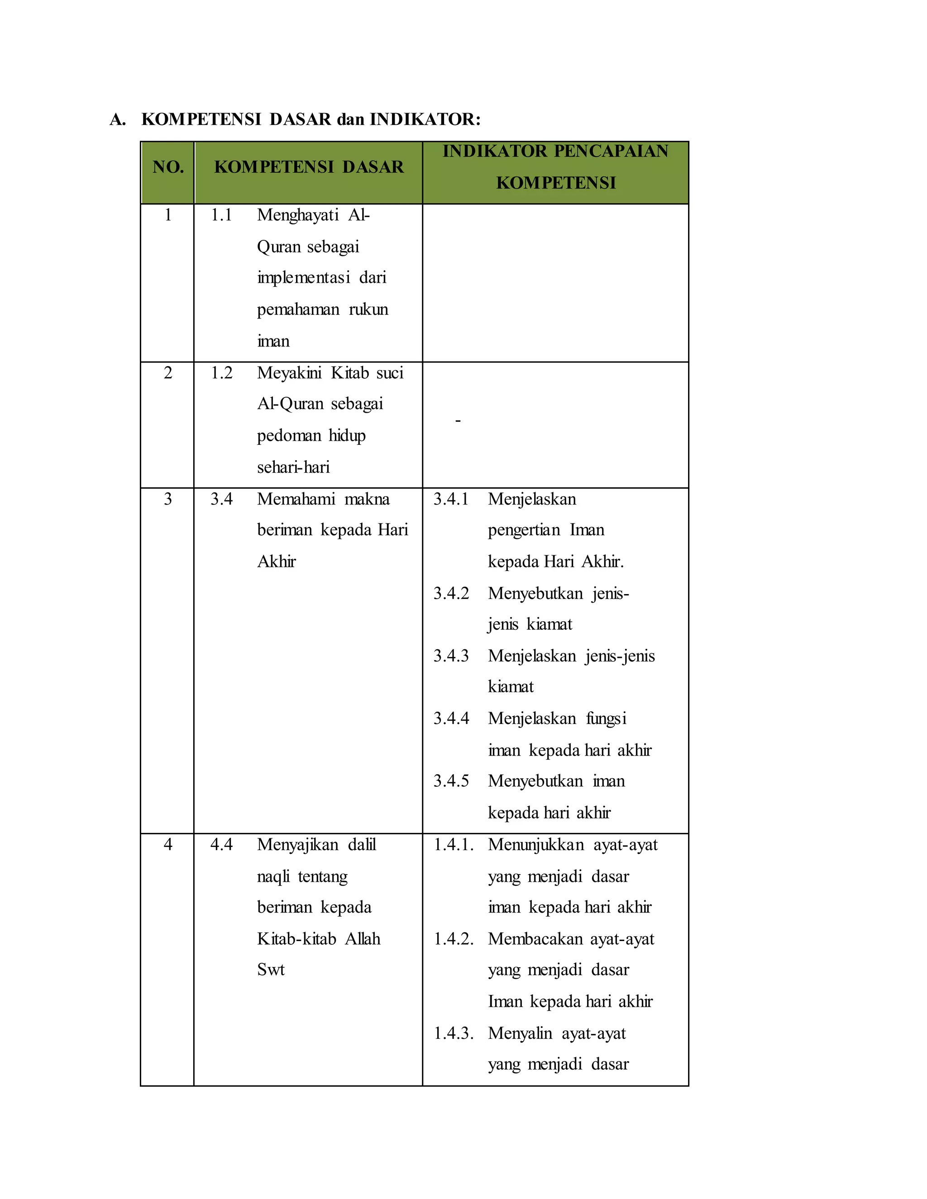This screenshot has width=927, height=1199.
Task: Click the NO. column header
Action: click(x=168, y=167)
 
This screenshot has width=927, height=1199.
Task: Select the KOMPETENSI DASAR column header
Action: click(x=309, y=167)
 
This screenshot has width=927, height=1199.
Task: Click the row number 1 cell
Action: click(x=168, y=214)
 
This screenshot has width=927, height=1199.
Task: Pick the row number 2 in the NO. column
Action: click(x=168, y=373)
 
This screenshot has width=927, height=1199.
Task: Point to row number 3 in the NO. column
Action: click(x=168, y=499)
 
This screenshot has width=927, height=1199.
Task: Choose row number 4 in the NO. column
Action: click(x=168, y=844)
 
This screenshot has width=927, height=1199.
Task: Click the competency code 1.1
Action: click(x=221, y=214)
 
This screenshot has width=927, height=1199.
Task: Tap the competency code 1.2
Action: click(x=221, y=373)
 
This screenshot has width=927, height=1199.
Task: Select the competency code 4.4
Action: click(x=221, y=844)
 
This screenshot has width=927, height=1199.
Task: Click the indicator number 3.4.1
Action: click(x=451, y=499)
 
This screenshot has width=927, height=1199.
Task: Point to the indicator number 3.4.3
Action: click(x=451, y=656)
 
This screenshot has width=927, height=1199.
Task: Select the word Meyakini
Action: click(x=289, y=373)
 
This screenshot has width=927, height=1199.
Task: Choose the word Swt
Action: click(x=271, y=970)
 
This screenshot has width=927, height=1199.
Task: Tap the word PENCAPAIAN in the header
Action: click(x=611, y=151)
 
